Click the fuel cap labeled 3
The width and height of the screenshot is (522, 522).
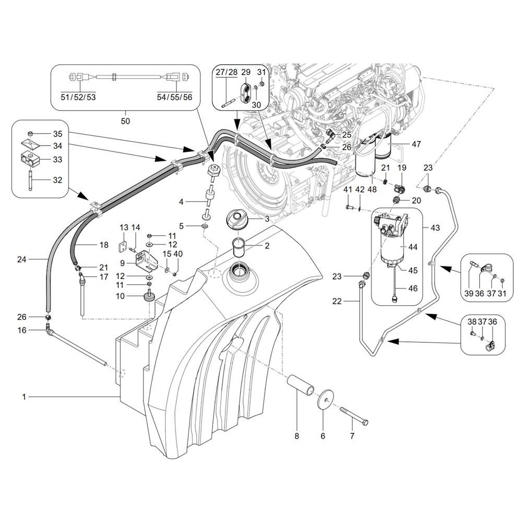click(239, 219)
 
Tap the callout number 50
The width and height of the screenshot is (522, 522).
click(125, 121)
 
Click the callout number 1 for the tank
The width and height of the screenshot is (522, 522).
click(23, 397)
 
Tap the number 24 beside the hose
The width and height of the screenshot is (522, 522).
click(21, 258)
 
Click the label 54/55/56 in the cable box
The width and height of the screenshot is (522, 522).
click(174, 97)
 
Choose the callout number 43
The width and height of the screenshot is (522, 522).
click(435, 228)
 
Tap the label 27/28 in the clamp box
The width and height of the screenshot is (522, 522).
click(225, 72)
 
